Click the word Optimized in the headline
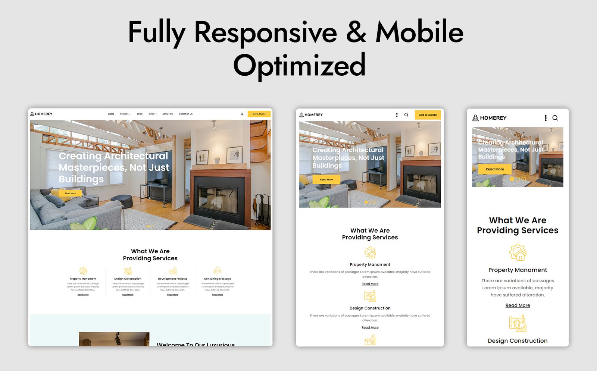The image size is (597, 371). point(299,65)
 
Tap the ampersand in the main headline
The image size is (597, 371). point(356,32)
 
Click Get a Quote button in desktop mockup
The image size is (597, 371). point(259,114)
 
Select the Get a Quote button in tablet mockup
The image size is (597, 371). point(428,115)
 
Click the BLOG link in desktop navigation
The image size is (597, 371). point(140,114)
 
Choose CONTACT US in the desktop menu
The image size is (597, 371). point(185,114)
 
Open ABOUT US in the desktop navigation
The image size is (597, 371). point(168,114)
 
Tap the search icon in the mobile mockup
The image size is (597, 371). point(555,118)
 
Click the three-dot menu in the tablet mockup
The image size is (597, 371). point(397,115)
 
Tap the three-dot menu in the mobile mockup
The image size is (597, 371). point(546,118)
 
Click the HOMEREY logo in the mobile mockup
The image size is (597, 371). point(489,118)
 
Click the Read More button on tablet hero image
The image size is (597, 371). point(326,180)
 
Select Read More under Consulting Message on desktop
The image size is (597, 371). point(218,295)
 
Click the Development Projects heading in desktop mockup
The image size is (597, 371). point(172,279)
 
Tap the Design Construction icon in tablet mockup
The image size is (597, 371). point(370,296)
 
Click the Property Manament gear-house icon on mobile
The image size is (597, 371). point(518,253)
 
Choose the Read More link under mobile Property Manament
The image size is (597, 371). point(518,305)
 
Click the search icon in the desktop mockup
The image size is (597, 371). point(242,114)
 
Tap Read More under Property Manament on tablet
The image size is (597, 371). point(370,284)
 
